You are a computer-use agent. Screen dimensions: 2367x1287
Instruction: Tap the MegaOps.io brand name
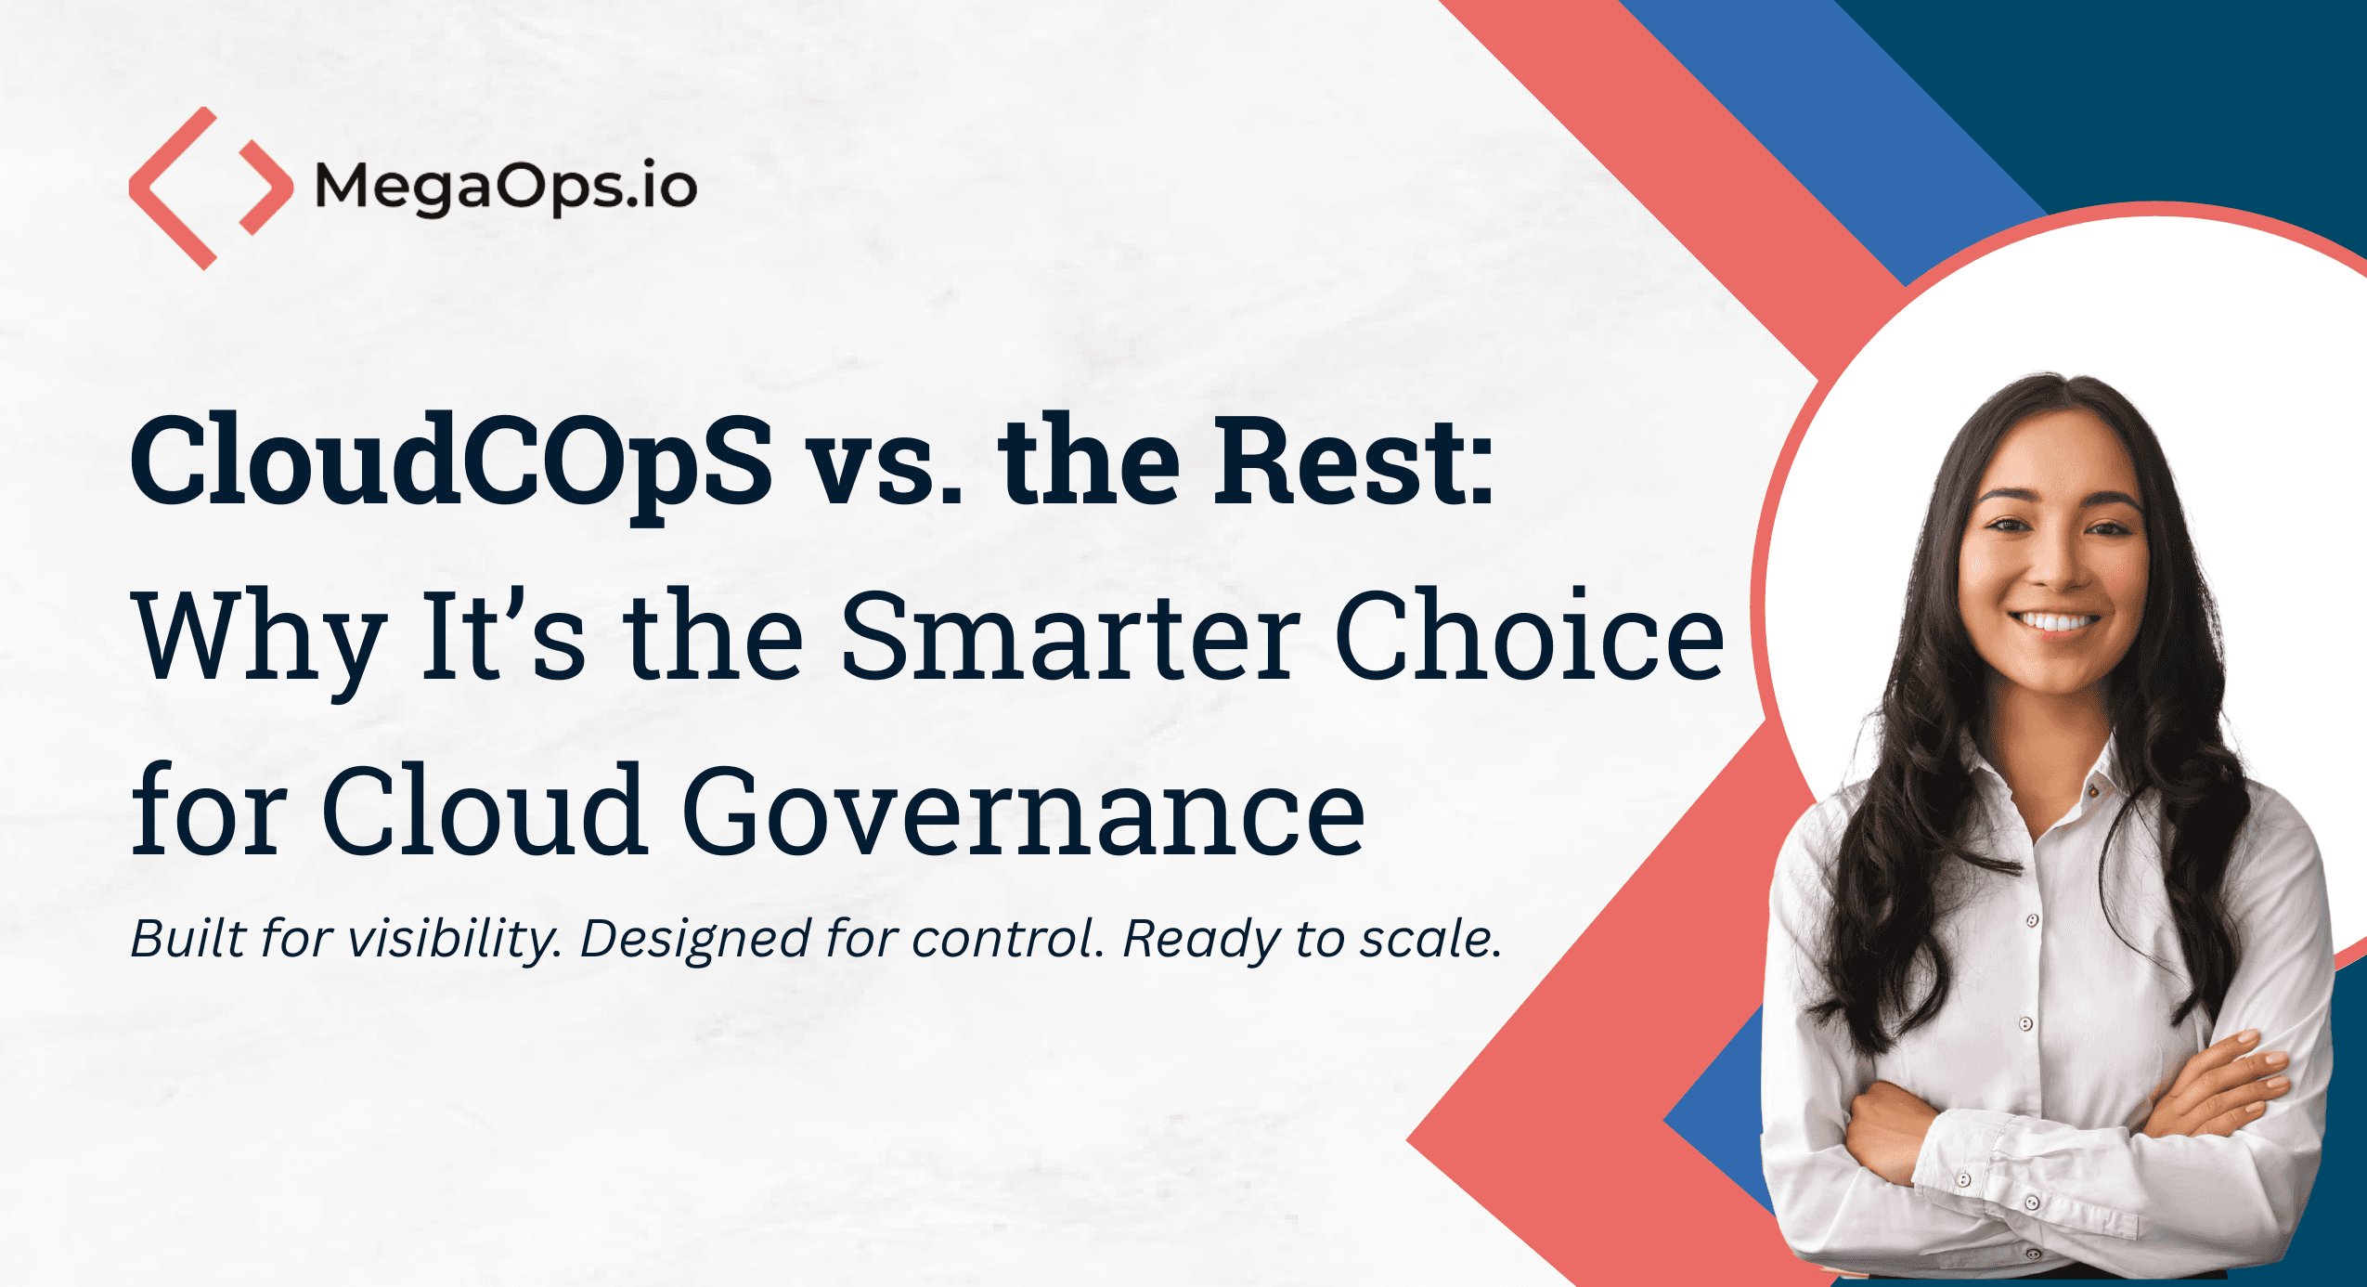click(x=506, y=189)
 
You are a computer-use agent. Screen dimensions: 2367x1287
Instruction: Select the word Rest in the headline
click(x=1354, y=461)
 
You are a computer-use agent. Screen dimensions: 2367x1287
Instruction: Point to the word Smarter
click(x=1071, y=636)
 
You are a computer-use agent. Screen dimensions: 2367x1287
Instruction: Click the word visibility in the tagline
click(x=454, y=939)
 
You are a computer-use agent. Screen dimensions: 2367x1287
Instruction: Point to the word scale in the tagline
click(x=1430, y=939)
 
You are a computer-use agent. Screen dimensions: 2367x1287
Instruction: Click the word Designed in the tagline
click(x=695, y=940)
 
